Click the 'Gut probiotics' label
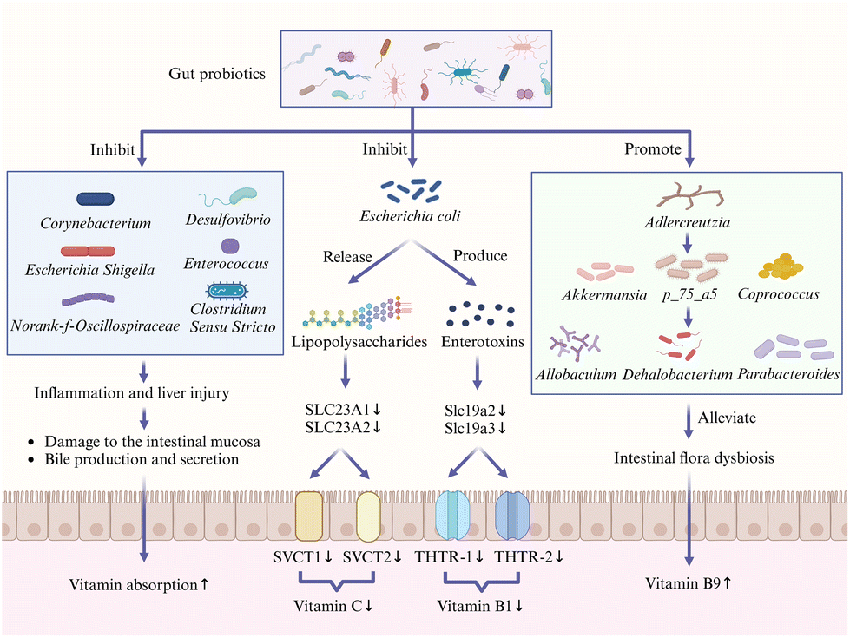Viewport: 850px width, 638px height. tap(217, 74)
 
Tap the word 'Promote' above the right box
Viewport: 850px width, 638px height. tap(653, 149)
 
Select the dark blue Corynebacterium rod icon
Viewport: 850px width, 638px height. tap(96, 199)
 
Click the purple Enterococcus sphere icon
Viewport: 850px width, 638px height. tap(230, 247)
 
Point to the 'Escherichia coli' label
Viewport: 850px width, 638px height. tap(410, 216)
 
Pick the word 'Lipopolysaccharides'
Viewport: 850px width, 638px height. tap(359, 342)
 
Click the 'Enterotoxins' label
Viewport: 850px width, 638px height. tap(483, 342)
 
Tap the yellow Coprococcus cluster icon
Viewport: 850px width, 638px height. tap(781, 266)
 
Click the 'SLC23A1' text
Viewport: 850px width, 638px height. tap(337, 409)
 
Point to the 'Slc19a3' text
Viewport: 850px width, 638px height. tap(470, 428)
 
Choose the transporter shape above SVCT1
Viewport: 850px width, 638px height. tap(309, 516)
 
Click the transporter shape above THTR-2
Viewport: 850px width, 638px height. tap(512, 516)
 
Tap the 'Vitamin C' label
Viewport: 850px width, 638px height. tap(328, 606)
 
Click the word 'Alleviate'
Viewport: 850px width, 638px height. tap(727, 418)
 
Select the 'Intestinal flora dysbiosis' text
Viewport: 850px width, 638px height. tap(694, 458)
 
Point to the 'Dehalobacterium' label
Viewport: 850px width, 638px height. tap(677, 375)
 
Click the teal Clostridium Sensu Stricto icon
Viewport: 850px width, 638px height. tap(227, 291)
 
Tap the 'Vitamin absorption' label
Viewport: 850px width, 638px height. tap(134, 585)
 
